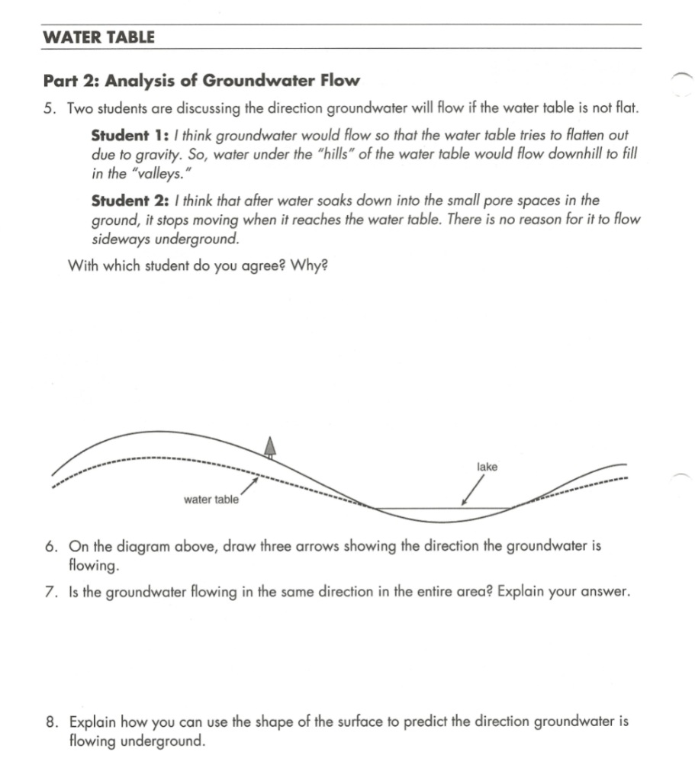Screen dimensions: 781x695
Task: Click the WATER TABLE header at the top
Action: tap(98, 36)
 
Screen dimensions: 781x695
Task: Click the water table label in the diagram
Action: tap(211, 500)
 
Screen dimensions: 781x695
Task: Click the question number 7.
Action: tap(49, 593)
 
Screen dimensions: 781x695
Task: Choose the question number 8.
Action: tap(49, 722)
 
